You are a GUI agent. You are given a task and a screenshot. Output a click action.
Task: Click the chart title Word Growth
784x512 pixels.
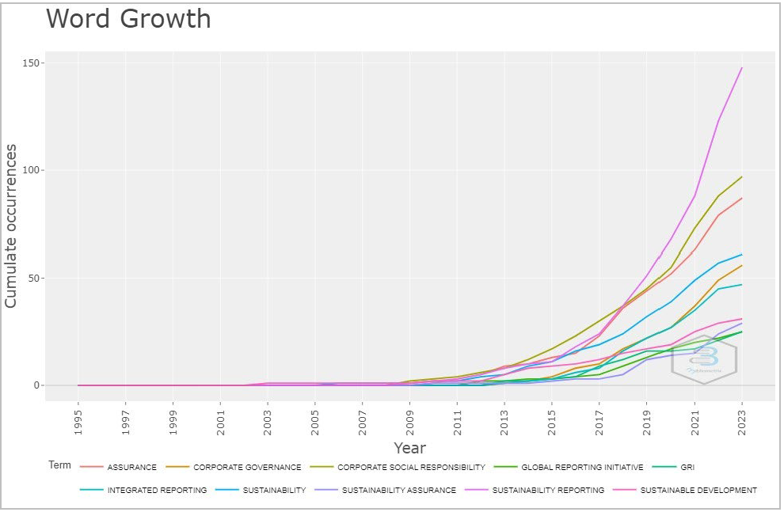pos(128,19)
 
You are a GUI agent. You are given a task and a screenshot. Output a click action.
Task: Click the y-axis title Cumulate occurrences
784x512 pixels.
pos(11,225)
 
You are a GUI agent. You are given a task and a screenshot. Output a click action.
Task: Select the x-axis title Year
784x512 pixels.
pos(409,449)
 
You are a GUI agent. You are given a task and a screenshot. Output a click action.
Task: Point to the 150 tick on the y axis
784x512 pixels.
pos(33,63)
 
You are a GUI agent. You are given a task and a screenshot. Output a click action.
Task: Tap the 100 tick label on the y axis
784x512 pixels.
pos(33,170)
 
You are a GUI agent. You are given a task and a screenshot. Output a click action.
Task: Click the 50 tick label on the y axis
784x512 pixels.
pos(36,278)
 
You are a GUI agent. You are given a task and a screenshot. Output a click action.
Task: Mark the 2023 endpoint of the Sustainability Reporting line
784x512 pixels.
pos(741,68)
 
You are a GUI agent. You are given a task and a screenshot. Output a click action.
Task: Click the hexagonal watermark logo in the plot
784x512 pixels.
pos(704,358)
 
